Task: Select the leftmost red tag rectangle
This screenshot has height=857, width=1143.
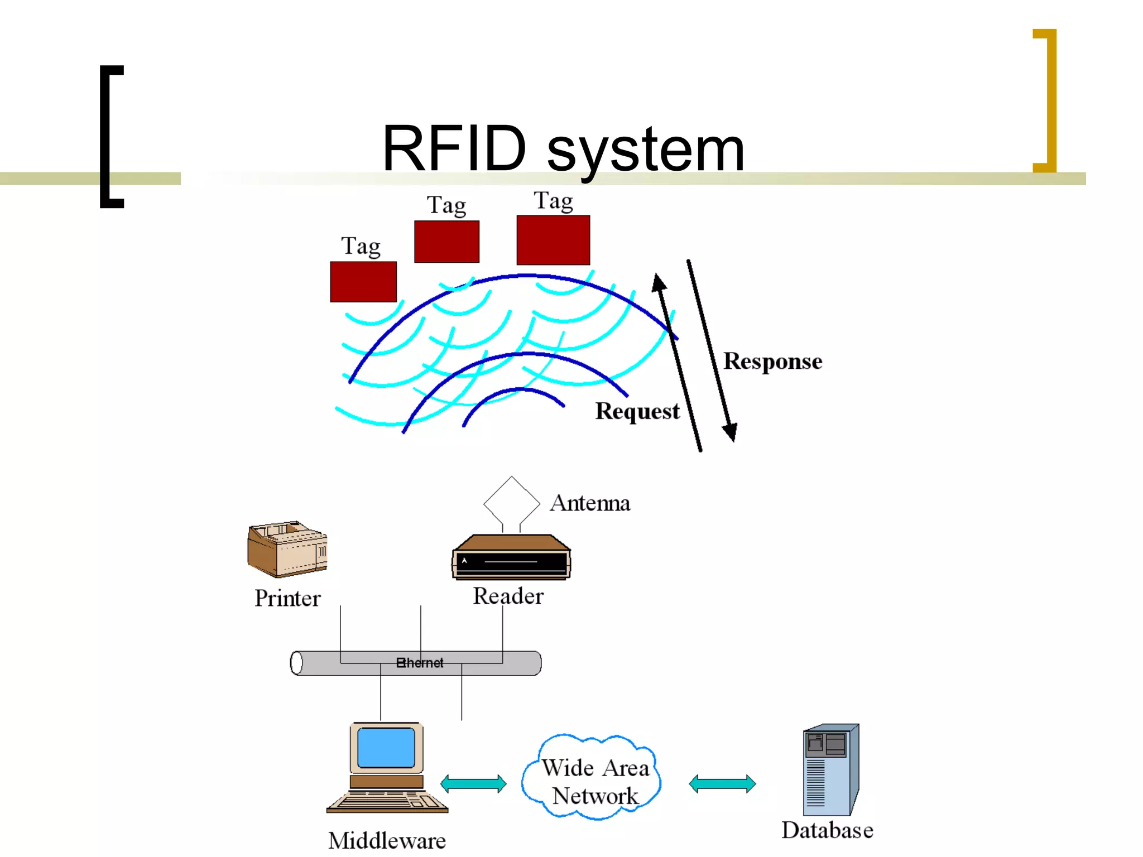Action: pos(363,282)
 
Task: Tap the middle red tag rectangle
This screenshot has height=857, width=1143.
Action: pos(446,242)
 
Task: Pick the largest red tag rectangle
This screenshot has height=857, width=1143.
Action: pos(553,240)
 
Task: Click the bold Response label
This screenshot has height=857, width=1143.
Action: pos(772,362)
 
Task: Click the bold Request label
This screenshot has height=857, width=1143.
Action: pos(637,411)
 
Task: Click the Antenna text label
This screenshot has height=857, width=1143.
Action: pos(590,503)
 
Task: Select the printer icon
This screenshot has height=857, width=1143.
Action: pos(287,549)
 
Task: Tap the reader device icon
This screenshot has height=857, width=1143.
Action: pos(511,557)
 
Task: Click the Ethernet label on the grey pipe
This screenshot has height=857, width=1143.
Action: pos(420,663)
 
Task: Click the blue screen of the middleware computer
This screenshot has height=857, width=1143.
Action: pos(386,748)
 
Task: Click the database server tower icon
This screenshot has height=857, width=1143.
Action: pos(830,770)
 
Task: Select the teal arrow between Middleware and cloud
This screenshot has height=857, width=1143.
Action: pos(473,783)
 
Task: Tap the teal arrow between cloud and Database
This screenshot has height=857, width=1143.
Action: pos(722,783)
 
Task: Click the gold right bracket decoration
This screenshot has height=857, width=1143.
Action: pos(1050,100)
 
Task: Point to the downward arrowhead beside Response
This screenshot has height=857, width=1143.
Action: pos(731,432)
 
